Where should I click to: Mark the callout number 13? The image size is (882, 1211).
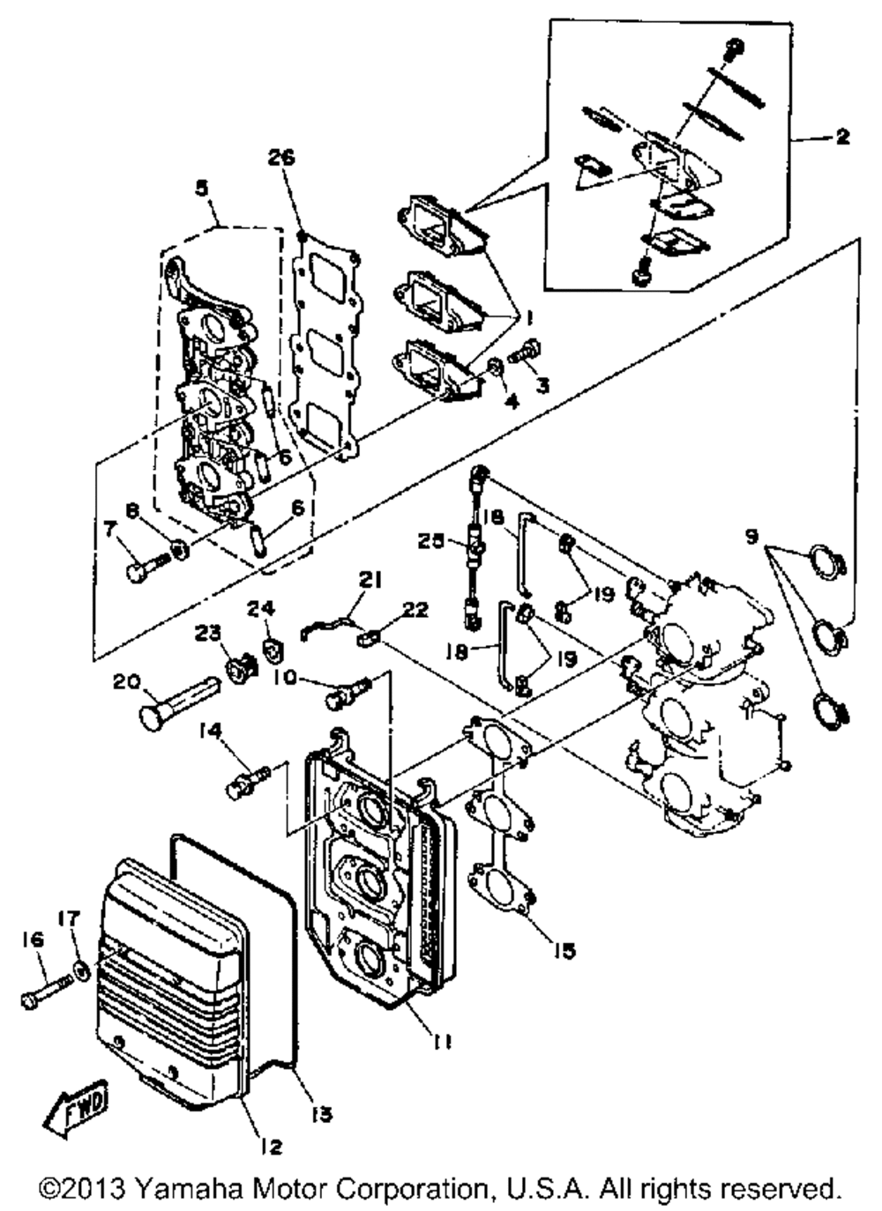click(x=321, y=1114)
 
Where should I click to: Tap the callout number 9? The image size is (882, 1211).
click(x=751, y=535)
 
